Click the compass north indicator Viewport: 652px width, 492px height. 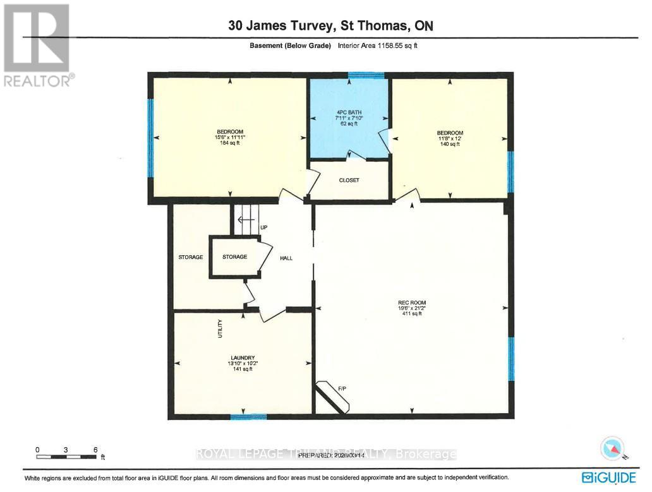pyautogui.click(x=611, y=448)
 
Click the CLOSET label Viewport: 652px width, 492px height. pyautogui.click(x=349, y=180)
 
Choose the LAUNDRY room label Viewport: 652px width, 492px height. pyautogui.click(x=243, y=358)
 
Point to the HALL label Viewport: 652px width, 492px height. pyautogui.click(x=286, y=257)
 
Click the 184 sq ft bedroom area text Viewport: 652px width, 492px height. pyautogui.click(x=229, y=143)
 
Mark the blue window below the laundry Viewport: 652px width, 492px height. pyautogui.click(x=248, y=416)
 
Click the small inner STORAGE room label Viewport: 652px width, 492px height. pyautogui.click(x=234, y=257)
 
